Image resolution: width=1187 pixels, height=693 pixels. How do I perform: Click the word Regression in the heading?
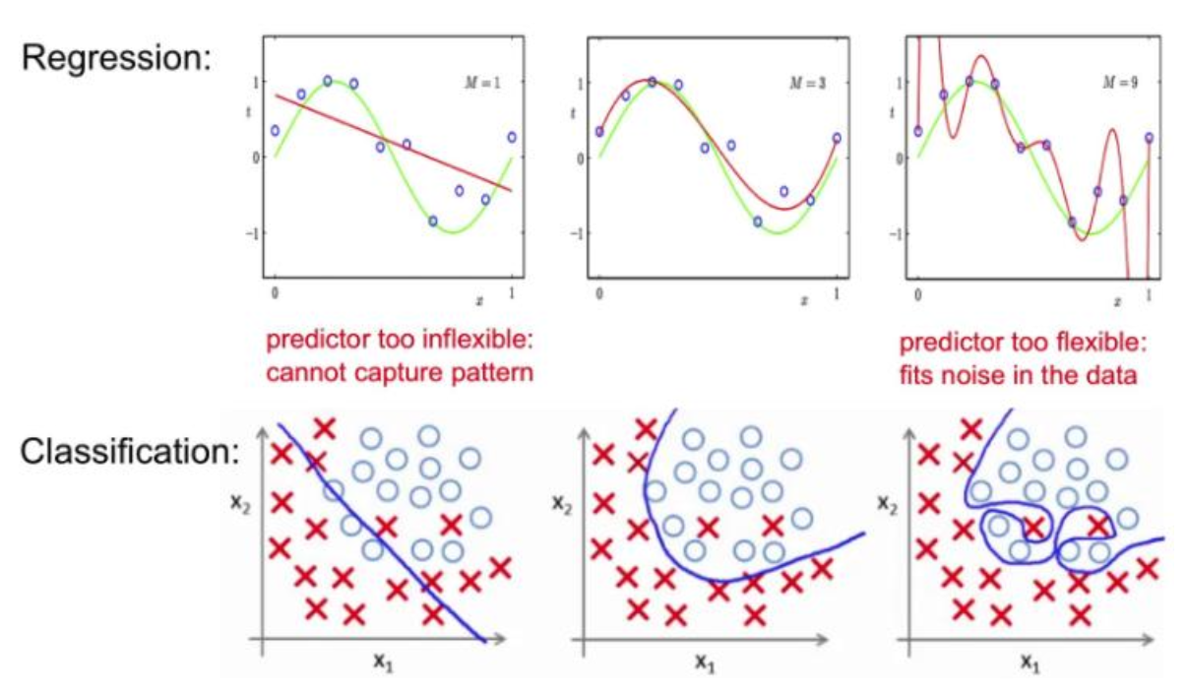[x=115, y=59]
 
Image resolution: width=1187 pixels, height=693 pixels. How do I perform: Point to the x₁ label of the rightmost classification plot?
[x=1028, y=662]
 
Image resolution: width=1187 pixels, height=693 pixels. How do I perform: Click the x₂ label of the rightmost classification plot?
[x=887, y=502]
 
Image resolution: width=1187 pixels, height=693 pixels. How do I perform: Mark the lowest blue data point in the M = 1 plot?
[x=433, y=220]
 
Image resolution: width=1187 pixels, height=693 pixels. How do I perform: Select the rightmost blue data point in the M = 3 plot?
[x=836, y=138]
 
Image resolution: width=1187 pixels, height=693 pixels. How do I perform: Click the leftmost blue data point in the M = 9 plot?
[x=917, y=131]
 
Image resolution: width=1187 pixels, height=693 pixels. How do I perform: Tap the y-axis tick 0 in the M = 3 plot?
[x=581, y=157]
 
